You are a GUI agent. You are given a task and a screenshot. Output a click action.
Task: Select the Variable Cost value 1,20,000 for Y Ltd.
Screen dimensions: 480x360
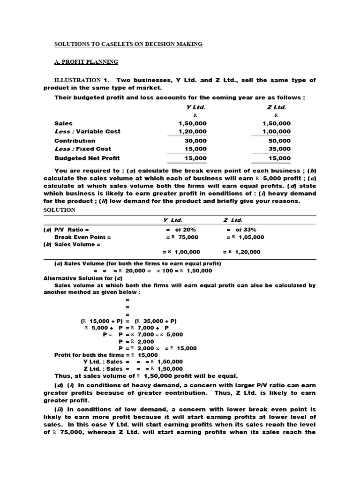click(189, 132)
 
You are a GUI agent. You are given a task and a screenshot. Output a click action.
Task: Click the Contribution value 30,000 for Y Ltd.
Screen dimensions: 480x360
click(193, 141)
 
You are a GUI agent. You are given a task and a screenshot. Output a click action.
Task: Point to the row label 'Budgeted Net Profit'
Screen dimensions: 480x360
click(87, 158)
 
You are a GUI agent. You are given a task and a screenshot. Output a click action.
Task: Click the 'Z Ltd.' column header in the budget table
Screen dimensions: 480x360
click(276, 107)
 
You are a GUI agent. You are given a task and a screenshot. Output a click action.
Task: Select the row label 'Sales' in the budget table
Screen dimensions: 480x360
click(63, 123)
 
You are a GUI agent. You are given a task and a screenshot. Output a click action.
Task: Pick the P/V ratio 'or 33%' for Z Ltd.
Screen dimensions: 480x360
click(246, 230)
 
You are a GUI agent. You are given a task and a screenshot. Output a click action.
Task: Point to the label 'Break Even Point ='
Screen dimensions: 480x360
click(83, 237)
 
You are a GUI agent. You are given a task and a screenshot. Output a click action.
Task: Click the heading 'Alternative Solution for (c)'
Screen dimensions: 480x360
click(83, 278)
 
